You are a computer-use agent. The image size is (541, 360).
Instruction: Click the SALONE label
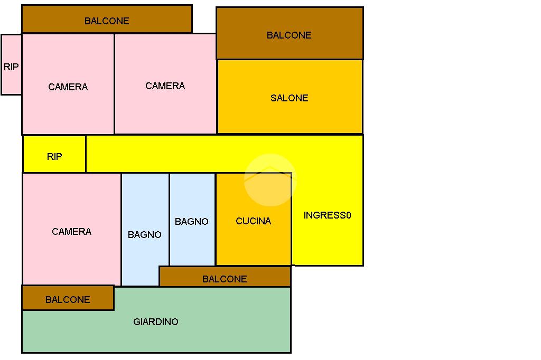coord(289,98)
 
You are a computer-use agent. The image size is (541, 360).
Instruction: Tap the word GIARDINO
coord(156,322)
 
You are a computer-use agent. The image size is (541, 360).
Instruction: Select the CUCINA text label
coord(253,221)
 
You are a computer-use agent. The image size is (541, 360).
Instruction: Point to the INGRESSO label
coord(327,215)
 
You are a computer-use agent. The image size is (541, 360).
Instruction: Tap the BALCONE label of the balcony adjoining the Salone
coord(289,35)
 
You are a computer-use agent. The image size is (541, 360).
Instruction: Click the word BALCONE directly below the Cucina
coord(225,279)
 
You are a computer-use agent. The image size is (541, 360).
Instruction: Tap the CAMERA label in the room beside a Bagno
coord(71,232)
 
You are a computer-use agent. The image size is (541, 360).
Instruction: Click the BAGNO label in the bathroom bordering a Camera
coord(144,235)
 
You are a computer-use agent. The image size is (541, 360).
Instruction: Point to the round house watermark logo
coord(270,180)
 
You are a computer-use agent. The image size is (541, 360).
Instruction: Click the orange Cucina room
coord(253,243)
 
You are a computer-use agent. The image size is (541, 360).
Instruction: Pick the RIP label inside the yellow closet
coord(54,157)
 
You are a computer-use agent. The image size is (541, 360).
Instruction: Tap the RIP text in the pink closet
coord(11,67)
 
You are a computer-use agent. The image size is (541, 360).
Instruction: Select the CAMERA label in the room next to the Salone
coord(165,86)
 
